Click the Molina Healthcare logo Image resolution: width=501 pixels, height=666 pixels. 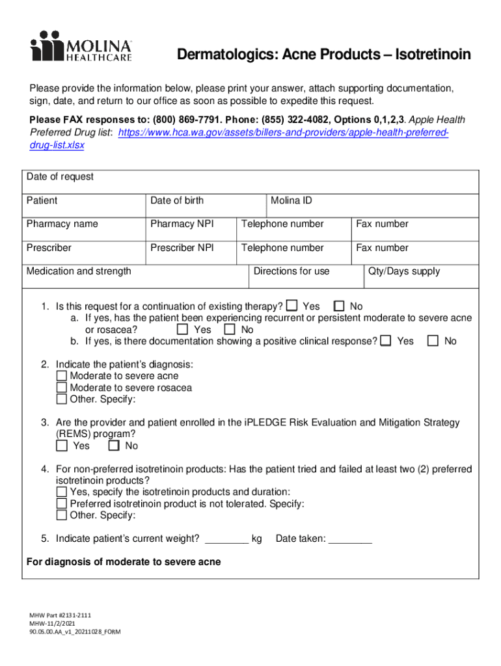[x=81, y=46]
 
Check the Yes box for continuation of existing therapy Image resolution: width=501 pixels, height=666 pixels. [x=292, y=306]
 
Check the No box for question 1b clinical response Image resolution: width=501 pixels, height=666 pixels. [x=433, y=341]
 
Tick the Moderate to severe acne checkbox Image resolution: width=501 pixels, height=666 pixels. [x=62, y=376]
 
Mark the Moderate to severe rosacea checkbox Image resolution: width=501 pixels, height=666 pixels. [x=62, y=388]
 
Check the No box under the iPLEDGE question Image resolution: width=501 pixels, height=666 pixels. [x=115, y=446]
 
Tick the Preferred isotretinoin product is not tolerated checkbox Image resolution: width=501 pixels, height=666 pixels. [x=62, y=503]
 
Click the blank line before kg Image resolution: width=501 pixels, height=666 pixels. [x=226, y=539]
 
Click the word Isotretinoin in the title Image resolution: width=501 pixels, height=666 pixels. [x=428, y=55]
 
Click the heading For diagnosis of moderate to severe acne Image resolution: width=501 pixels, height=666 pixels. [x=124, y=562]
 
